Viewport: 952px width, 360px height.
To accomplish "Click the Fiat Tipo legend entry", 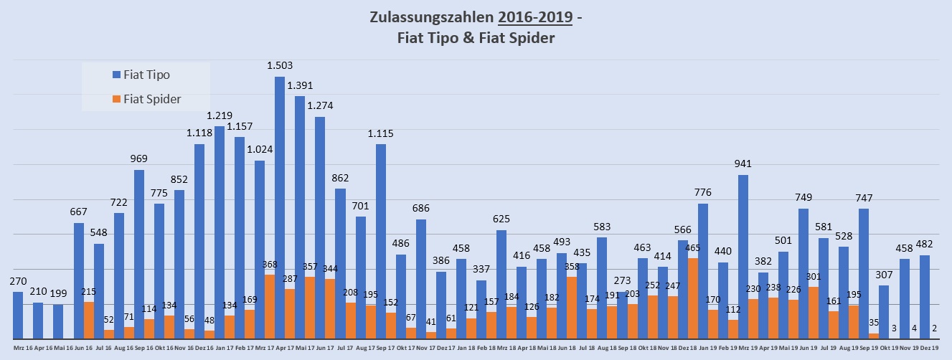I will (x=146, y=75).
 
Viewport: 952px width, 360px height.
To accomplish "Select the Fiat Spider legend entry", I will (x=151, y=98).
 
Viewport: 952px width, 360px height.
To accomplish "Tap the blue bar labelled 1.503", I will (x=280, y=208).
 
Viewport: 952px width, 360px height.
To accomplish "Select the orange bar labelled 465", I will (x=692, y=298).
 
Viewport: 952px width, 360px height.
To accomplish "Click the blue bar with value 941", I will (x=743, y=257).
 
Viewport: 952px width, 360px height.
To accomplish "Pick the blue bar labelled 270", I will (x=18, y=316).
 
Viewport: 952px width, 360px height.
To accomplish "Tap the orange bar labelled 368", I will (x=269, y=307).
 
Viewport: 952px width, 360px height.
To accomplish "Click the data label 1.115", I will (x=381, y=133).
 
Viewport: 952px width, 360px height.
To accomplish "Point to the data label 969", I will (x=139, y=158).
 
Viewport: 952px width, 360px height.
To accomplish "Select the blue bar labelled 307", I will (x=884, y=312).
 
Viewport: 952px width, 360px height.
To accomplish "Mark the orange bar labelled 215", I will (x=88, y=320).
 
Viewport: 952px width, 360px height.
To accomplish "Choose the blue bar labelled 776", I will (x=703, y=271).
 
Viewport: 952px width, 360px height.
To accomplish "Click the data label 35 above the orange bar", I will (x=873, y=323).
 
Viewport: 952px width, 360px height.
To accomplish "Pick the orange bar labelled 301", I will (x=813, y=313).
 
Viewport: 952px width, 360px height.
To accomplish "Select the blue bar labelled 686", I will (x=421, y=279).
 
